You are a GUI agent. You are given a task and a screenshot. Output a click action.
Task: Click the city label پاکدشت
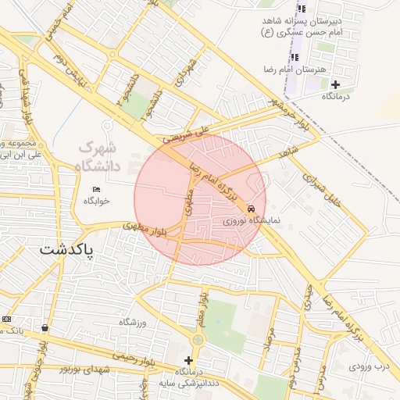point(66,252)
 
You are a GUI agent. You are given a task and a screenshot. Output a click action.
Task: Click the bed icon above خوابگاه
point(97,189)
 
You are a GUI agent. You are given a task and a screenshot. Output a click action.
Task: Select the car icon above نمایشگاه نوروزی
point(250,209)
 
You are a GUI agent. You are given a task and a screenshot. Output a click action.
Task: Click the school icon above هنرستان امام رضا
point(295,57)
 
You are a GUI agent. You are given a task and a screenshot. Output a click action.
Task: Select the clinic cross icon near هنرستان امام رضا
point(335,84)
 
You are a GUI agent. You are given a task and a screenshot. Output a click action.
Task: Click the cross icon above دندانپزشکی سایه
point(187,359)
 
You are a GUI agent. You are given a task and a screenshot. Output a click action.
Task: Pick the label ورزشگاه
point(133,323)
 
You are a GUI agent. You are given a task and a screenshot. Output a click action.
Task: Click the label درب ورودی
point(369,366)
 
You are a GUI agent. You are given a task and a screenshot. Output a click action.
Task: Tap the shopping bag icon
point(45,328)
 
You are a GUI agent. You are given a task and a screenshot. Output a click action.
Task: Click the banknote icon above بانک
point(7,319)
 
